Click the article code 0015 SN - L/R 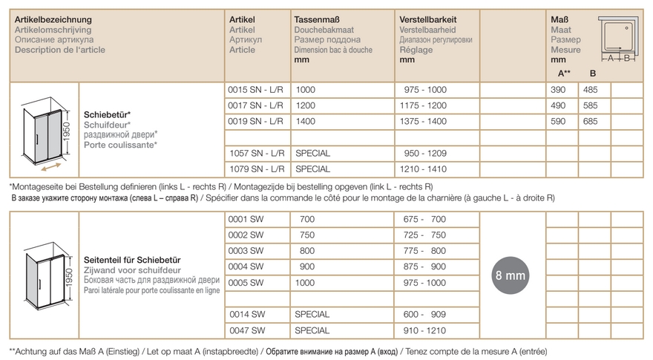(253, 88)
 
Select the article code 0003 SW (246, 251)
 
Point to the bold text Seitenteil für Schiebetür (133, 260)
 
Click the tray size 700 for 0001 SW (306, 220)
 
